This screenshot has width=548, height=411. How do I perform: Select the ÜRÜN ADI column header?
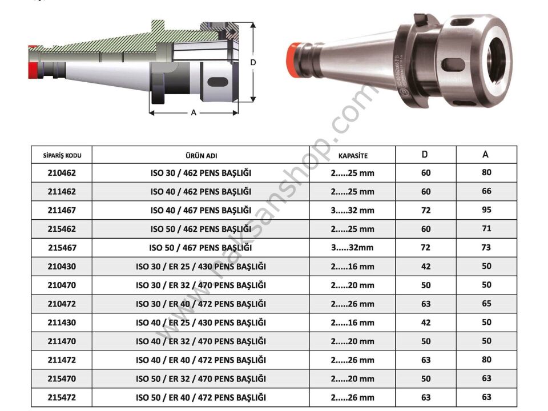pyautogui.click(x=200, y=155)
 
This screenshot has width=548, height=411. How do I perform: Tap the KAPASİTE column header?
pyautogui.click(x=352, y=155)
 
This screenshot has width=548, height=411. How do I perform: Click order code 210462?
pyautogui.click(x=62, y=173)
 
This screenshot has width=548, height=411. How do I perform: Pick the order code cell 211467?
pyautogui.click(x=62, y=211)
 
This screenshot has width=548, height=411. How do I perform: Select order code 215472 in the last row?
pyautogui.click(x=62, y=398)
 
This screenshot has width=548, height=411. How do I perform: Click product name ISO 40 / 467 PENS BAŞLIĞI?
pyautogui.click(x=200, y=211)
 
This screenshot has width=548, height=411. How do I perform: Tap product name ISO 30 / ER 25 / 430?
pyautogui.click(x=200, y=267)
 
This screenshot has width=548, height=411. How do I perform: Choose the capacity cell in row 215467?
pyautogui.click(x=352, y=248)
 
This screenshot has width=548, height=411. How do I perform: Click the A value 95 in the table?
pyautogui.click(x=486, y=209)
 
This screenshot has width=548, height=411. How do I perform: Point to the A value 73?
pyautogui.click(x=486, y=247)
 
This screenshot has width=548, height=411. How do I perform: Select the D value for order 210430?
pyautogui.click(x=426, y=267)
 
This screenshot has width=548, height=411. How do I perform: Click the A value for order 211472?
pyautogui.click(x=486, y=360)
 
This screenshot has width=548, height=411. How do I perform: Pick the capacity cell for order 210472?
pyautogui.click(x=352, y=304)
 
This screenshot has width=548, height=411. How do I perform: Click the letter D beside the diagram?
pyautogui.click(x=253, y=62)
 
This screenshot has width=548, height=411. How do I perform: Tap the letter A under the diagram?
pyautogui.click(x=194, y=113)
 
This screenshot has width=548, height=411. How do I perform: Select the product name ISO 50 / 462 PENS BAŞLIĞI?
pyautogui.click(x=200, y=229)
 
